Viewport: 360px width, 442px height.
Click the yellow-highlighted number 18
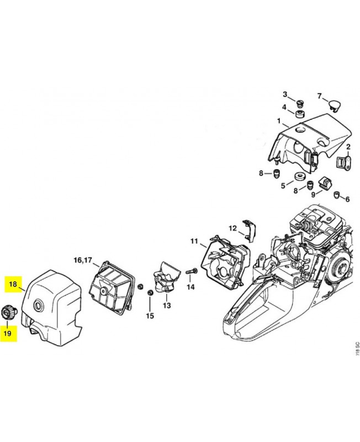pos(13,285)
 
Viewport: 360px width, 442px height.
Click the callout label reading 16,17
pos(83,260)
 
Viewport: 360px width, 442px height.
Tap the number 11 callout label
pos(194,241)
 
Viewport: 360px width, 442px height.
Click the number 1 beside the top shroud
pos(279,120)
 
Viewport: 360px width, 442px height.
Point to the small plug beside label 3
pos(300,103)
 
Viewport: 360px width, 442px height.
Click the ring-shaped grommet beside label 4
pos(300,114)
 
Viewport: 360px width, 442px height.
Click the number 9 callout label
pos(313,194)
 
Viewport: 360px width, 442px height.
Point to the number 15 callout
pos(150,316)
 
